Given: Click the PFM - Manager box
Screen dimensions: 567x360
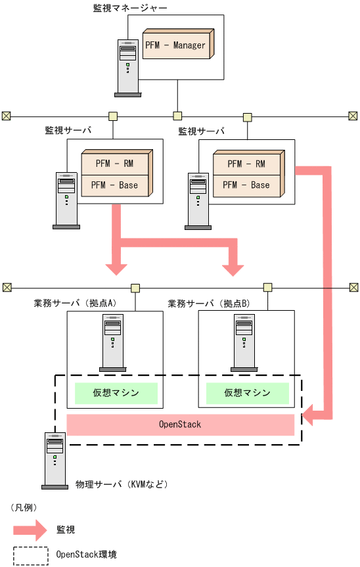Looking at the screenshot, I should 175,45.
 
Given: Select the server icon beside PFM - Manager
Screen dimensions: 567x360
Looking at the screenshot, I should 129,67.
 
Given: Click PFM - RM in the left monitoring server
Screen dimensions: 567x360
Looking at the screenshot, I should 114,164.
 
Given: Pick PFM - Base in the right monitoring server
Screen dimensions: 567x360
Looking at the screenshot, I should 246,185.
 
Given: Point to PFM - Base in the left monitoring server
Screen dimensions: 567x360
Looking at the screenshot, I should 114,185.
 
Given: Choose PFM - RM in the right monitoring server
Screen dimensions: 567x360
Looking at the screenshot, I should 246,164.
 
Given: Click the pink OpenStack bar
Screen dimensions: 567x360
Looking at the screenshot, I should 180,424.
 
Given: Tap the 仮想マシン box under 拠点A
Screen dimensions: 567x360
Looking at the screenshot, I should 116,393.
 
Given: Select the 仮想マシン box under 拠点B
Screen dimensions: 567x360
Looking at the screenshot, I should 247,393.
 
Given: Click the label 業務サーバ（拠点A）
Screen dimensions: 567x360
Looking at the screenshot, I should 75,304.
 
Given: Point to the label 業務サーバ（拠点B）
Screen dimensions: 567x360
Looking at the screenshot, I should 209,304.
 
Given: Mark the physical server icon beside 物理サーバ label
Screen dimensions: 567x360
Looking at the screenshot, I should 55,461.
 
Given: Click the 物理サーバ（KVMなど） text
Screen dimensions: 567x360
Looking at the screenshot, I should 122,485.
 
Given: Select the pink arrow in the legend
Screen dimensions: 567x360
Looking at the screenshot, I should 30,529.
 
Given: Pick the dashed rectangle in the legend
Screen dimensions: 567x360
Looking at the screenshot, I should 30,555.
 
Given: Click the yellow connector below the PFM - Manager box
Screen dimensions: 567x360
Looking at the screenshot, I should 177,116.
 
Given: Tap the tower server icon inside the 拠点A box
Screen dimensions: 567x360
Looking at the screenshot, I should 112,342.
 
